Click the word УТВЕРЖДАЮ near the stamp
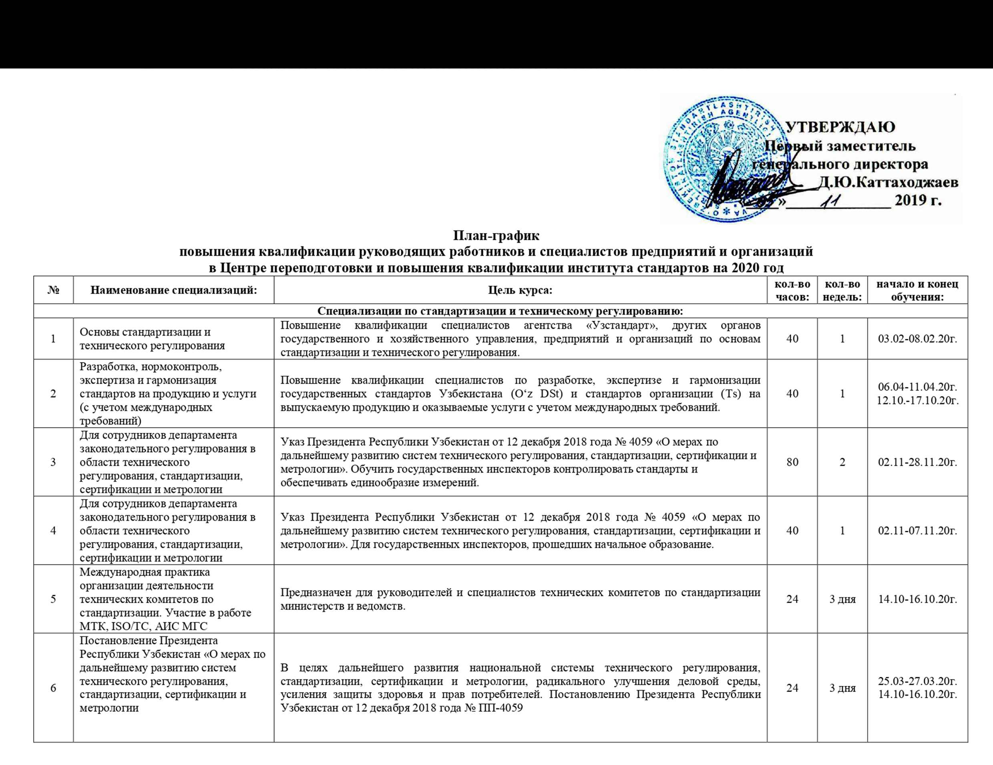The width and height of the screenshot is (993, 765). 840,127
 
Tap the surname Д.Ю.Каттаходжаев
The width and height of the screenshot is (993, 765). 888,182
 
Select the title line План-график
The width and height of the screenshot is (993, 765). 496,236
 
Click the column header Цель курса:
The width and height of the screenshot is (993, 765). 520,290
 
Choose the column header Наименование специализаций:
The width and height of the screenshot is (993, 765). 174,290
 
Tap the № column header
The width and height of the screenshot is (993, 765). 53,290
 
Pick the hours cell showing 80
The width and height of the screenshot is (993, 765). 792,462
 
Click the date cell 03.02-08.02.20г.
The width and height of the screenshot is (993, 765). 918,339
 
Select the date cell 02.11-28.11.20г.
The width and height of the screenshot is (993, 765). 918,462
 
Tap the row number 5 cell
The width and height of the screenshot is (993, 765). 53,598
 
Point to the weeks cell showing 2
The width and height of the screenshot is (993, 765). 842,462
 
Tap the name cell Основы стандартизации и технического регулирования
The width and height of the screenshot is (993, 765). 152,339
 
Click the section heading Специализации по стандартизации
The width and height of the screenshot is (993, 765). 500,311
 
